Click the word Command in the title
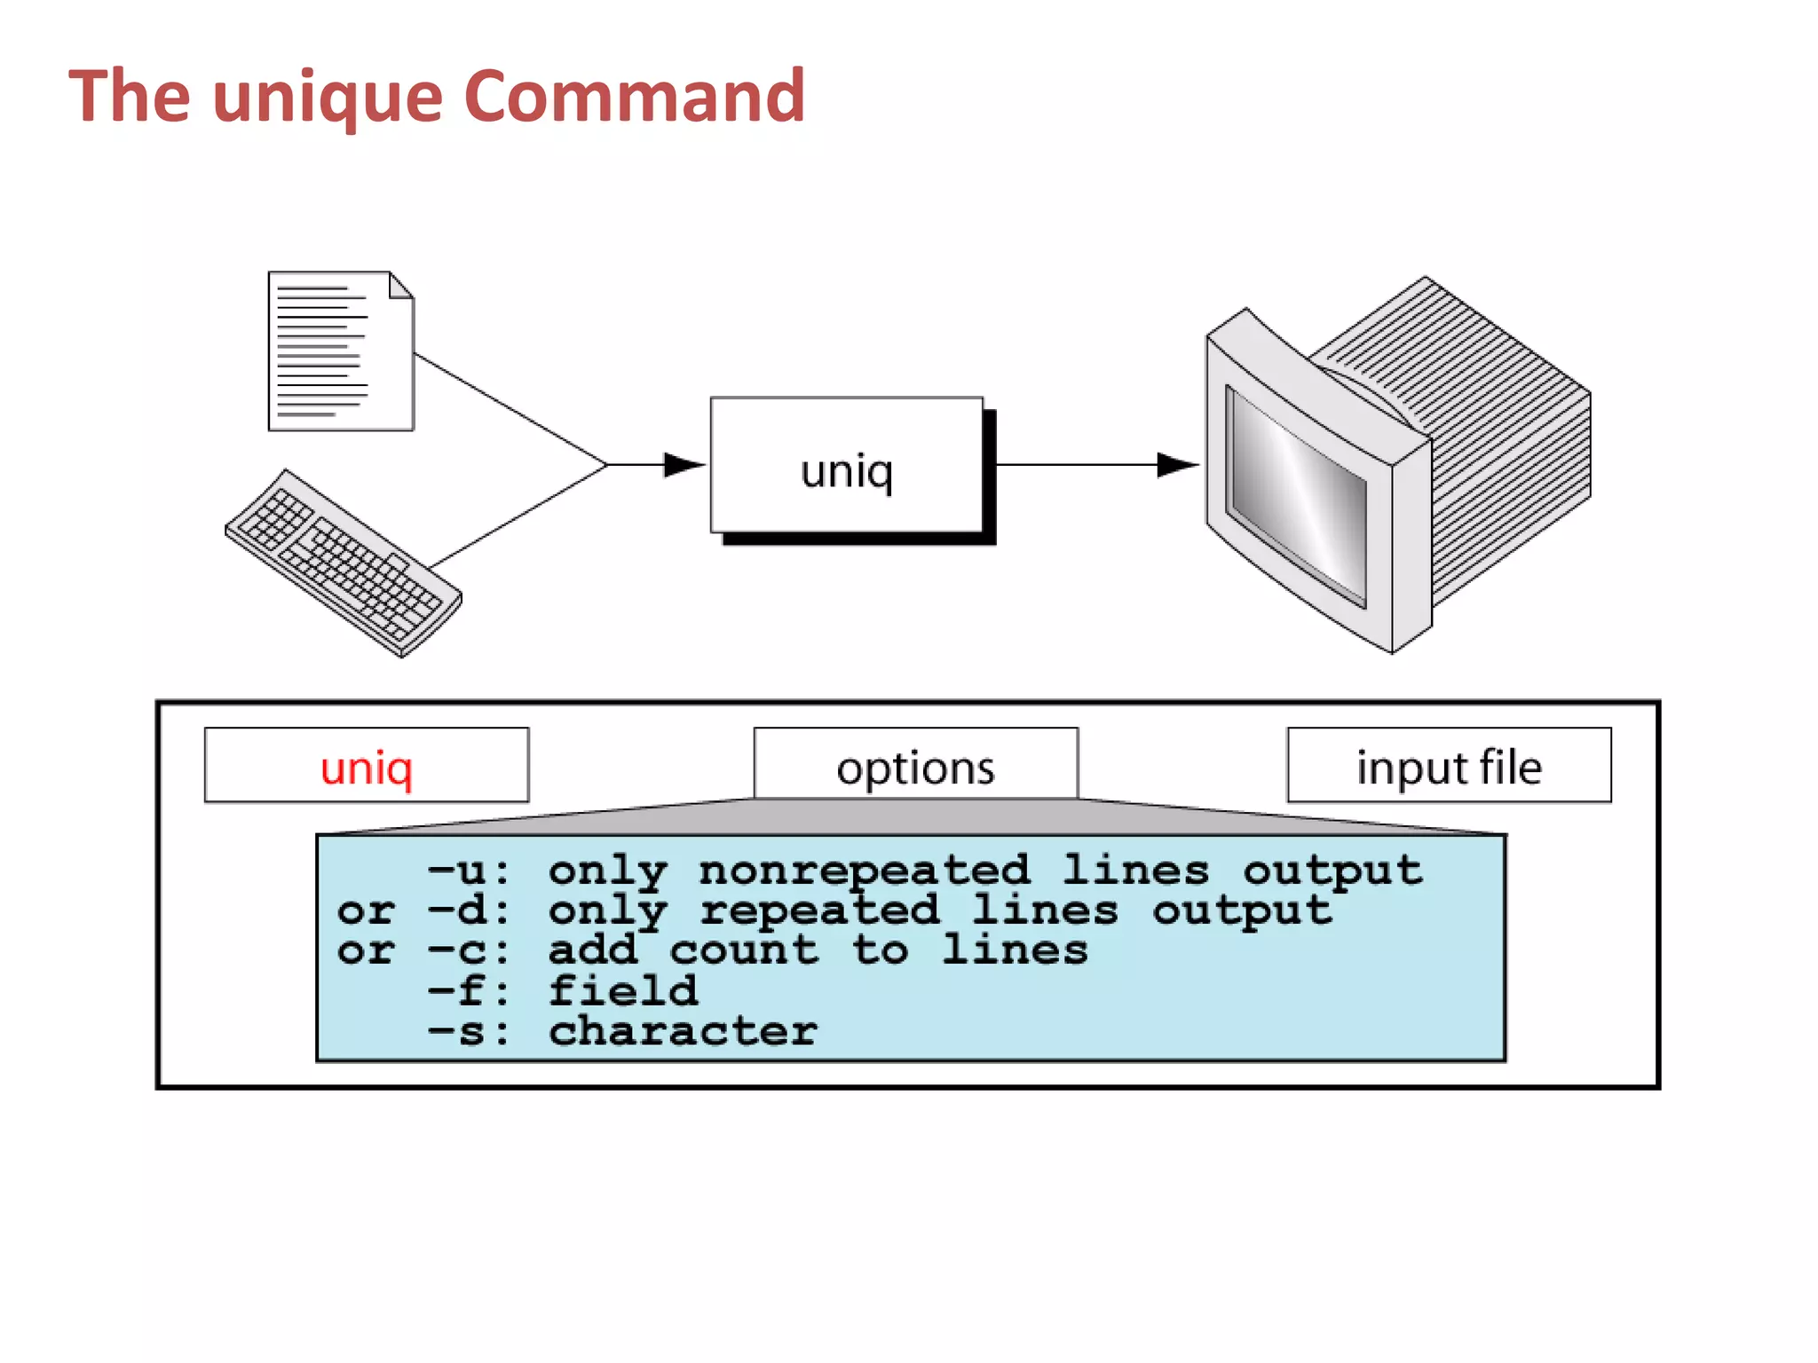[x=634, y=96]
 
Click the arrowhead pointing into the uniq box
[x=684, y=464]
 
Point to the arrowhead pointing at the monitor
[x=1177, y=464]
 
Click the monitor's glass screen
[x=1296, y=497]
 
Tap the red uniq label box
[x=367, y=766]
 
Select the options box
[x=915, y=765]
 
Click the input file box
[x=1449, y=766]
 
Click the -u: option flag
[x=469, y=871]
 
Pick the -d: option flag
[x=469, y=910]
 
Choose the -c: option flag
[x=469, y=950]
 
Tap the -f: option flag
[x=469, y=990]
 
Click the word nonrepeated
[x=864, y=871]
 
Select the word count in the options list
[x=743, y=950]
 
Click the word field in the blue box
[x=622, y=990]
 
